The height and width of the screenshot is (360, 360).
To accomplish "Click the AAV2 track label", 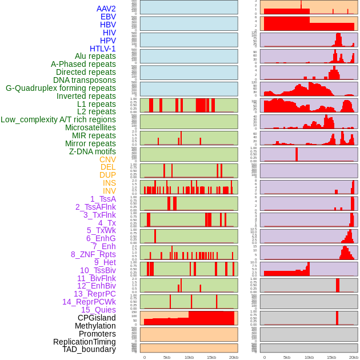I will point(106,9).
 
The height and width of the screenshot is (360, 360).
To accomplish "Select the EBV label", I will point(108,17).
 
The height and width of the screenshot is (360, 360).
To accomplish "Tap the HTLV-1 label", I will point(103,49).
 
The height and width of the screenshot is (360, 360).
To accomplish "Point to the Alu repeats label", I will point(95,56).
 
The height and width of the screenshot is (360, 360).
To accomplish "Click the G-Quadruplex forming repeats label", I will point(61,88).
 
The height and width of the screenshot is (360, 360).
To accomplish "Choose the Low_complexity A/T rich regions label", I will point(58,119).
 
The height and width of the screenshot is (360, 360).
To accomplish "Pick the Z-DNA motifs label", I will point(93,151).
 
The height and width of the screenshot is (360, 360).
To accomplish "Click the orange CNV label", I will point(107,159).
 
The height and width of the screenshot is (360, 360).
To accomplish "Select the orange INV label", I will point(109,191).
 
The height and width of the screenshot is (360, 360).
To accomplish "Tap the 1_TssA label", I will point(103,199).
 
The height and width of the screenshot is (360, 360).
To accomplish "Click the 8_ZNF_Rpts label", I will point(93,254).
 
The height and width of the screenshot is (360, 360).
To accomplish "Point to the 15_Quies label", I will point(98,310).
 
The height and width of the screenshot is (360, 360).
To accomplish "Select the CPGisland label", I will point(97,318).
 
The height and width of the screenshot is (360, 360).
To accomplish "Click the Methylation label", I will point(95,326).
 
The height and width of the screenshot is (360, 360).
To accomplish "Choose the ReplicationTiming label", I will point(84,342).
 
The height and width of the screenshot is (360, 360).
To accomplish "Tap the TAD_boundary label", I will point(89,349).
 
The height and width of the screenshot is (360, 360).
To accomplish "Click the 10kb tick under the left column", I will point(189,357).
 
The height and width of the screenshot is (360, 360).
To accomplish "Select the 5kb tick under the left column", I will point(166,357).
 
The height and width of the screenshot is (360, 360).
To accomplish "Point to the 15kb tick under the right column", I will point(331,357).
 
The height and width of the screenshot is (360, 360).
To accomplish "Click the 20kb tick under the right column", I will point(354,357).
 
